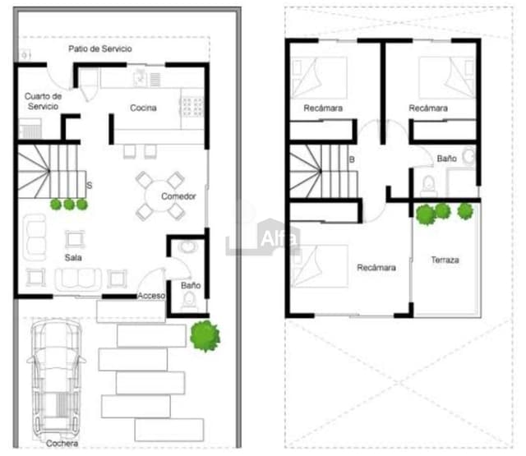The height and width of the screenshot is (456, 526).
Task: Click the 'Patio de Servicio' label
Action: (99, 49)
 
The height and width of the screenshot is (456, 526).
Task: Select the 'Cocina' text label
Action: (143, 108)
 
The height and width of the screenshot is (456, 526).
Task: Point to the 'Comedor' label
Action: (178, 196)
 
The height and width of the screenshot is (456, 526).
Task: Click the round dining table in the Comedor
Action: (159, 196)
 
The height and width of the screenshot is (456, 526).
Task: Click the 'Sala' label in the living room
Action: (74, 257)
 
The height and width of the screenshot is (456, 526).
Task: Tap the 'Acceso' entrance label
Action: (151, 296)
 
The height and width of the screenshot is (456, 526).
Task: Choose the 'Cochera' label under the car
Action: (62, 444)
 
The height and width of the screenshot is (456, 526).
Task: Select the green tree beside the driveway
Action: (205, 335)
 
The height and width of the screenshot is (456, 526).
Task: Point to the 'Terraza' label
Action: (445, 260)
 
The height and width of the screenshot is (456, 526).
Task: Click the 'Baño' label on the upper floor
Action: (446, 159)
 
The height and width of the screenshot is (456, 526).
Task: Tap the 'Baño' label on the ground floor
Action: (190, 286)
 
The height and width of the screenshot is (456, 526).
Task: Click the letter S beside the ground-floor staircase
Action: (89, 186)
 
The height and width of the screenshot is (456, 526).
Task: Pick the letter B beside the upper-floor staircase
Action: (351, 160)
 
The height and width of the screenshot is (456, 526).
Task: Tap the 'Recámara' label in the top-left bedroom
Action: (323, 108)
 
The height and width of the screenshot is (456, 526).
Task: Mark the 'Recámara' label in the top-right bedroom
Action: (428, 108)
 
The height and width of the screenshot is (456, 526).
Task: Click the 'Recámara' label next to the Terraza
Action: (376, 268)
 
